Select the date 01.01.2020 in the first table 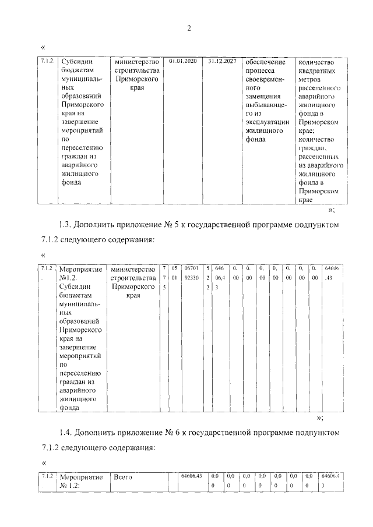182,61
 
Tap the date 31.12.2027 221,61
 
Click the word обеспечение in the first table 265,62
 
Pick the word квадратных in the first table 318,72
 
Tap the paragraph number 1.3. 65,224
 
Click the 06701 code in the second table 191,268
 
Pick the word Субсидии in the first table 78,62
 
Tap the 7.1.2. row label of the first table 48,61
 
